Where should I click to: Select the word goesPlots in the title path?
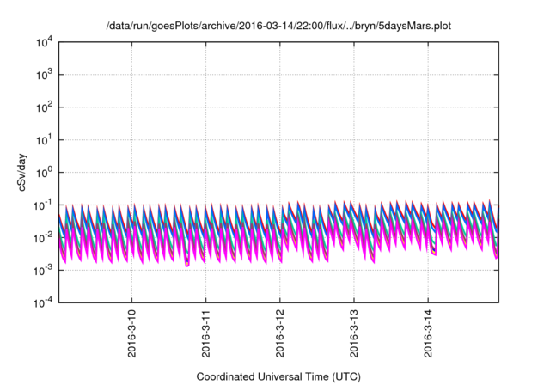tap(169, 26)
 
